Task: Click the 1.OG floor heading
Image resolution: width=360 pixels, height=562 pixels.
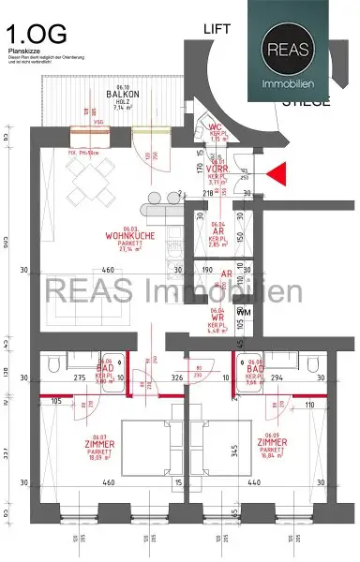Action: (x=35, y=35)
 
